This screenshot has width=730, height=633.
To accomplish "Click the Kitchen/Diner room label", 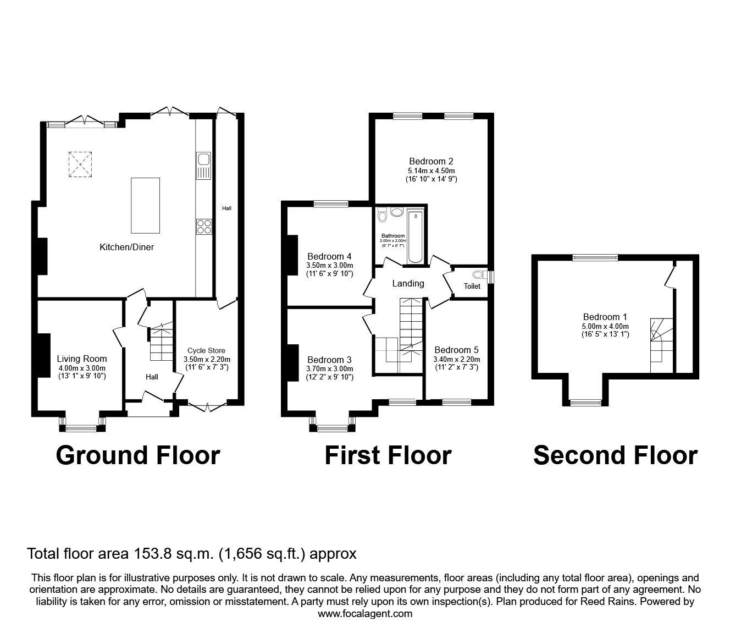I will coord(126,247).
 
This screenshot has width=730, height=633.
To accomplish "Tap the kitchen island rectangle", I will coord(145,205).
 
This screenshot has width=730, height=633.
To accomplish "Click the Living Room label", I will coord(82,359).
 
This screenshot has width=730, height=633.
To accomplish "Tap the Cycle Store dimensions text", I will coord(206,362).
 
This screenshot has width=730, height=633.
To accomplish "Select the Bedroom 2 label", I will coord(431,161).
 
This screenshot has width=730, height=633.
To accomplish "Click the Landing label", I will coord(408,283).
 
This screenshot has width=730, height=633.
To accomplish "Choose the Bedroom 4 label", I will coord(329,256).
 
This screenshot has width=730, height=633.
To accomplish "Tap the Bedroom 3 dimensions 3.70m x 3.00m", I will coord(329,369).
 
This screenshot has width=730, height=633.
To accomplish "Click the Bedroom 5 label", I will coord(456,350).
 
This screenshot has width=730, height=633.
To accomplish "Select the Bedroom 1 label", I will coord(605,317).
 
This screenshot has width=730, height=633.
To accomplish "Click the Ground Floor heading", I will coord(138,455).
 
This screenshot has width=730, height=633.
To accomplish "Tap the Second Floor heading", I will coord(615,455).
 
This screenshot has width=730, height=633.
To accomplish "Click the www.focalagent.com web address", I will coord(365,614).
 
